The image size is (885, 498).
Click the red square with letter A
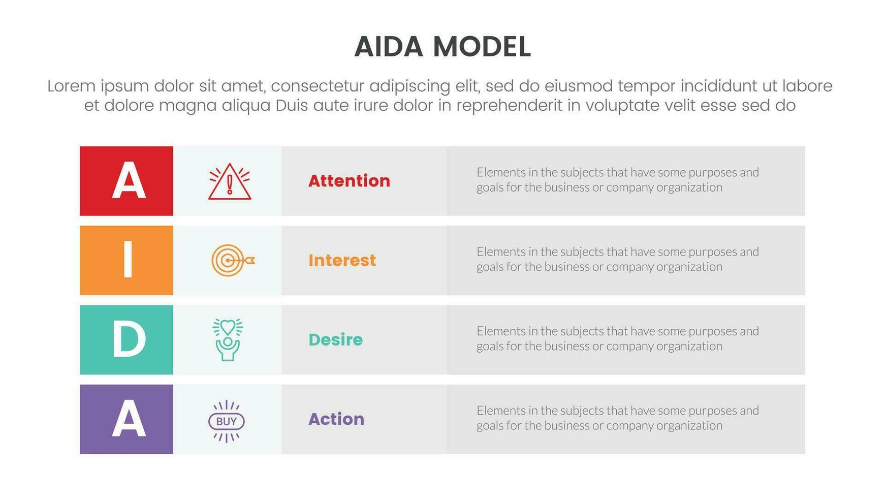127,181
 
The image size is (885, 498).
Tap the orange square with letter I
127,260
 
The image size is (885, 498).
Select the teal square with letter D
127,339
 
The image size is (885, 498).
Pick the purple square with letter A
127,419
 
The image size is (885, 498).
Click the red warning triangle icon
229,181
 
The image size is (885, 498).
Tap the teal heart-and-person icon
228,339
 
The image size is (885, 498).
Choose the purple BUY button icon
227,421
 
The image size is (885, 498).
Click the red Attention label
349,181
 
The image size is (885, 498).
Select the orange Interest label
342,260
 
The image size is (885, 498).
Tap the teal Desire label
335,339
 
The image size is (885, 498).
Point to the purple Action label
336,419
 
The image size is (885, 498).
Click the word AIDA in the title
389,47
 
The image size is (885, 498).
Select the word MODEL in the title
482,47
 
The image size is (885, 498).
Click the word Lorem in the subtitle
71,86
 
